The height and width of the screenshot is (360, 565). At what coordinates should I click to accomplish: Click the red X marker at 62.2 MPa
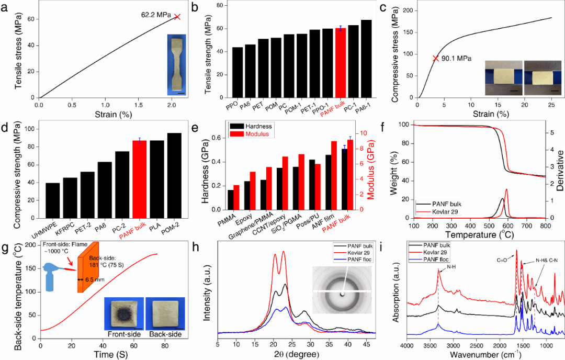pyautogui.click(x=177, y=17)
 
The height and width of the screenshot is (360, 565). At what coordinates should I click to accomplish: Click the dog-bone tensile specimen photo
pyautogui.click(x=176, y=65)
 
